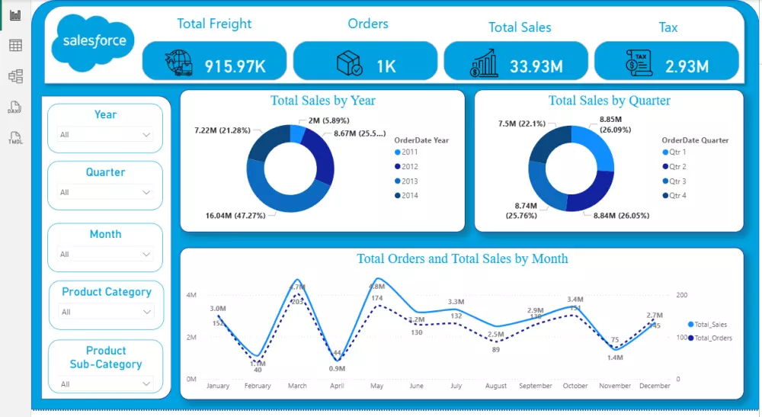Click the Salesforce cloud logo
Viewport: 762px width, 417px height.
coord(93,41)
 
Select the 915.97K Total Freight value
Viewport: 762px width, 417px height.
coord(235,66)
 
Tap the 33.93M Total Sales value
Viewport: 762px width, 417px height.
coord(536,66)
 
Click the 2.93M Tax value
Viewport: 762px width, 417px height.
coord(687,66)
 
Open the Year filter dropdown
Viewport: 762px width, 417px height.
coord(105,135)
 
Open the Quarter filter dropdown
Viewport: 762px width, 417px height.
coord(105,193)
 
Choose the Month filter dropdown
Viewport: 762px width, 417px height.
coord(105,255)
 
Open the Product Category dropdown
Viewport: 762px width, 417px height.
coord(106,312)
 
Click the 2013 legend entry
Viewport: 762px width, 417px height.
coord(408,181)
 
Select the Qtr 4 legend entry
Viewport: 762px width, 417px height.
coord(677,196)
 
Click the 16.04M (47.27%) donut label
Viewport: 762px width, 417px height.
coord(235,216)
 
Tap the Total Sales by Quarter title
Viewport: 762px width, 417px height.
coord(609,101)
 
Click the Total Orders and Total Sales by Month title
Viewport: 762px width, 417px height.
coord(462,259)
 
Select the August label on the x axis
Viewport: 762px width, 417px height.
coord(495,386)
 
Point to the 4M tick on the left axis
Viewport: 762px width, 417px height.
coord(191,295)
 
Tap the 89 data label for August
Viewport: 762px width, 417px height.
coord(495,349)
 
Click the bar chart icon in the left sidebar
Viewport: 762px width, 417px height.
coord(15,14)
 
